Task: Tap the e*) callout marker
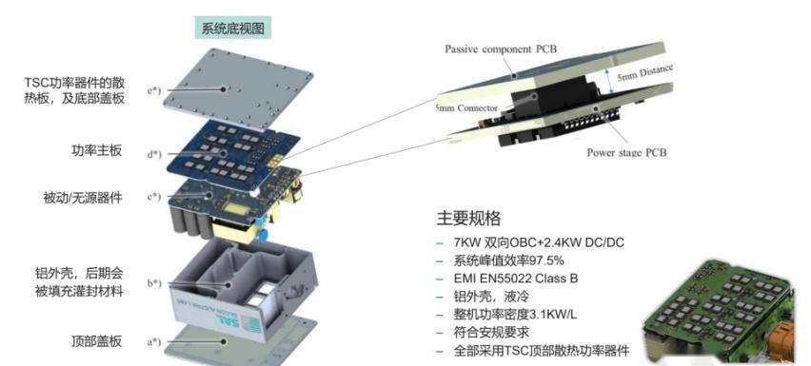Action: [x=154, y=91]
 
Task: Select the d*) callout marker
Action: [x=154, y=152]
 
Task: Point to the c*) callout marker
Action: [x=154, y=198]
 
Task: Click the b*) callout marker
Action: [x=154, y=282]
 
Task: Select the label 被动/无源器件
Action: [x=84, y=198]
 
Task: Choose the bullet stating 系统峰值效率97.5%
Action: [x=510, y=260]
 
